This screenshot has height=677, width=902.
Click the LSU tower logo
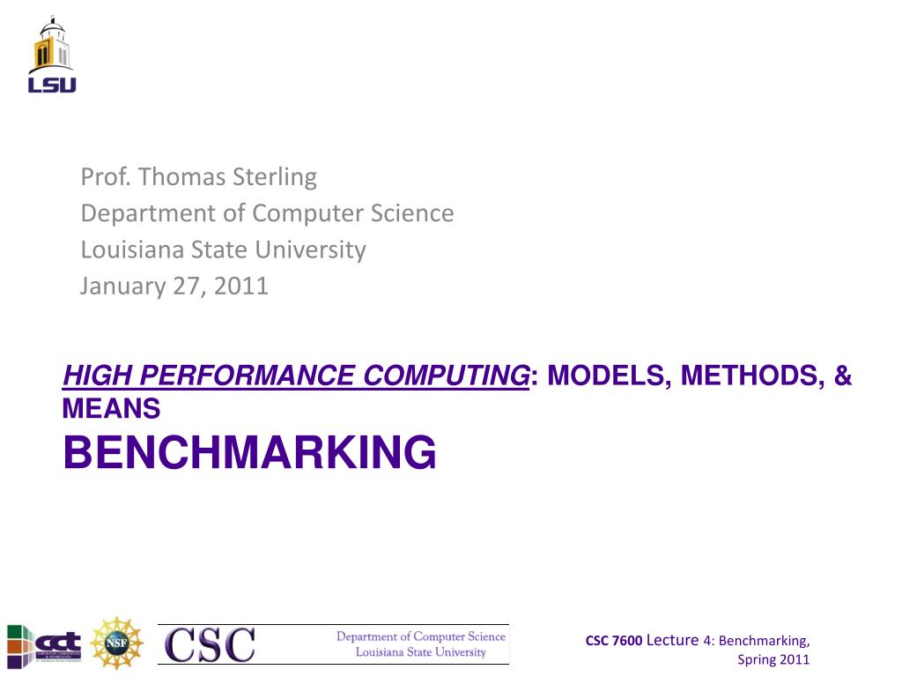(x=52, y=56)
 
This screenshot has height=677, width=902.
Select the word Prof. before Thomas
(x=100, y=177)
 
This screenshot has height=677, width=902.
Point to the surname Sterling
(x=275, y=177)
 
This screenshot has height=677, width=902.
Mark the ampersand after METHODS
(x=843, y=377)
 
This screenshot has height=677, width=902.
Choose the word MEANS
(x=111, y=409)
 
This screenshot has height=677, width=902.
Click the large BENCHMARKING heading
(x=249, y=452)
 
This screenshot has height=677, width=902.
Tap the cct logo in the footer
(x=45, y=641)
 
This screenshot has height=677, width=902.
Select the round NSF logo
(x=117, y=642)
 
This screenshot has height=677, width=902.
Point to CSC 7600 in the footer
(x=614, y=641)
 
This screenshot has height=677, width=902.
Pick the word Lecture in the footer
(x=672, y=640)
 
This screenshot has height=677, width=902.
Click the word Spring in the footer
(x=754, y=659)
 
